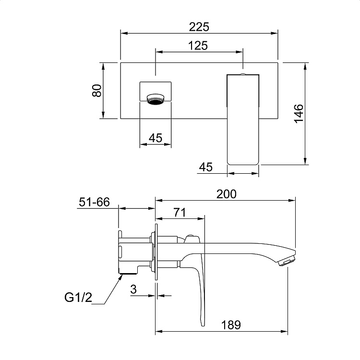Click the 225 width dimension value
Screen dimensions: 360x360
pyautogui.click(x=199, y=27)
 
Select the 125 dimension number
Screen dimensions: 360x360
pyautogui.click(x=198, y=46)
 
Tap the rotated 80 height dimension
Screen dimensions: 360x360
pyautogui.click(x=97, y=90)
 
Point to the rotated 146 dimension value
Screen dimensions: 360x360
pyautogui.click(x=299, y=113)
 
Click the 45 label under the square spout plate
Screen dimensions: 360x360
pyautogui.click(x=156, y=138)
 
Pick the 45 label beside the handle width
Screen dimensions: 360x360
pyautogui.click(x=206, y=167)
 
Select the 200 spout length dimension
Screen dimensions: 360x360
pyautogui.click(x=227, y=194)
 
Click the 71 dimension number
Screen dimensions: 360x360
pyautogui.click(x=180, y=212)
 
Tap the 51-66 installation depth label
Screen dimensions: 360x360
pyautogui.click(x=95, y=202)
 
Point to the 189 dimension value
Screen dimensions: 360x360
pyautogui.click(x=231, y=325)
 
